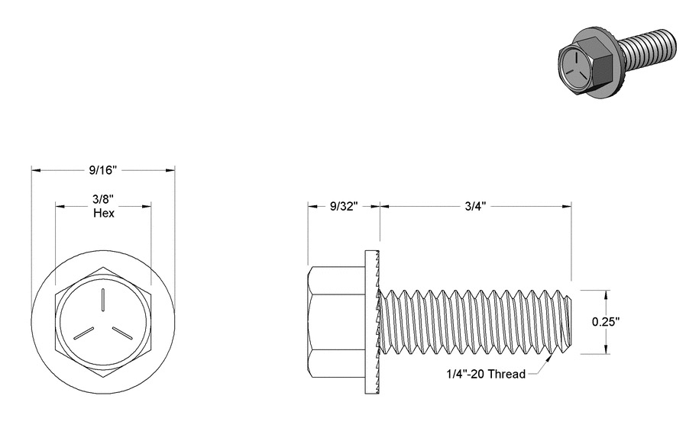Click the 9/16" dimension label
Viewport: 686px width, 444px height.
coord(103,170)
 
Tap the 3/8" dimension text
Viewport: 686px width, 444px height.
coord(103,200)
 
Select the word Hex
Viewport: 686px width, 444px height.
coord(104,214)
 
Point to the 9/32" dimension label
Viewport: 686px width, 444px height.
coord(344,206)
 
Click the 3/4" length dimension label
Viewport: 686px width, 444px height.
coord(476,206)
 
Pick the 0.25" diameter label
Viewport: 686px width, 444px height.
coord(606,322)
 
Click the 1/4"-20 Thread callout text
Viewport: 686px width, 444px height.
coord(486,374)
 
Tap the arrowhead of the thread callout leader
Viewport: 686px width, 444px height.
coord(549,358)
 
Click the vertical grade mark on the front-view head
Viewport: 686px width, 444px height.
coord(103,301)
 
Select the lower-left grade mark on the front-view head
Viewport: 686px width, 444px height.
coord(83,333)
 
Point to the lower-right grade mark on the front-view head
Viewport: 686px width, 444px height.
coord(122,333)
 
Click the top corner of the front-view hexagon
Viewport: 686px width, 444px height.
coord(103,266)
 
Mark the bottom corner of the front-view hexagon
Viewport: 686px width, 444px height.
coord(103,377)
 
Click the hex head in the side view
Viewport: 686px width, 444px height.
coord(336,322)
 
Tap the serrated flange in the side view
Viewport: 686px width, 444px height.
coord(372,322)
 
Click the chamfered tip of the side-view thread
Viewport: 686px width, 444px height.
coord(568,322)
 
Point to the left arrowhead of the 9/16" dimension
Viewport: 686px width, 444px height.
coord(36,170)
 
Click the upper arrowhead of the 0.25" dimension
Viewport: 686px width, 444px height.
coord(606,295)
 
